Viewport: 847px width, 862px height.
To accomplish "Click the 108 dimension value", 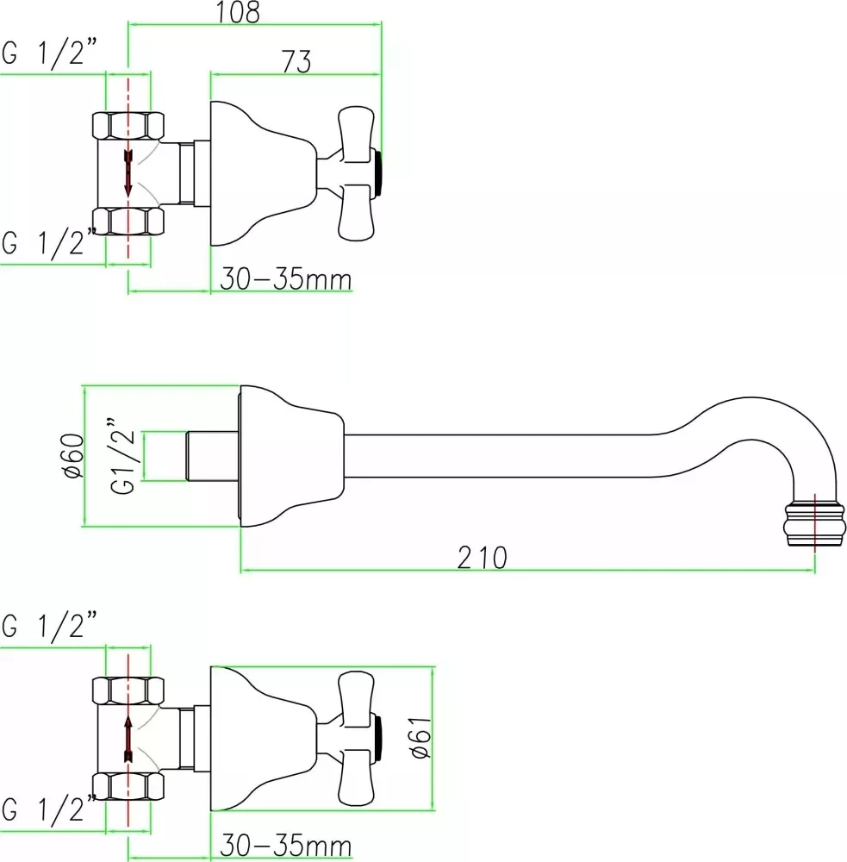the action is point(238,12).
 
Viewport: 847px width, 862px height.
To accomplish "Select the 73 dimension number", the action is point(296,61).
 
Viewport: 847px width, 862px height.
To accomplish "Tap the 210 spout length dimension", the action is point(482,558).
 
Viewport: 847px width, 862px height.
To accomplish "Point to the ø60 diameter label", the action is point(74,456).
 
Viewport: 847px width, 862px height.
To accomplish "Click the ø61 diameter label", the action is point(421,737).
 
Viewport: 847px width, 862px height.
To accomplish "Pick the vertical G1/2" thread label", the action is point(122,456).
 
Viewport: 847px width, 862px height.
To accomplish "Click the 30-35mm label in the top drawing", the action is point(286,278).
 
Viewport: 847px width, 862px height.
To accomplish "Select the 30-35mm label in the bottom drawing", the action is point(286,845).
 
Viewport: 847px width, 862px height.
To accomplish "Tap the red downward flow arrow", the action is point(128,172).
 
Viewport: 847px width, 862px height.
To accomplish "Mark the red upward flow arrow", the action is point(128,739).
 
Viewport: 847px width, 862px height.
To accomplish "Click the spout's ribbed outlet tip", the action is point(814,523).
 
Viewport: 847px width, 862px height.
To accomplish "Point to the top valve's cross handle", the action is point(356,174).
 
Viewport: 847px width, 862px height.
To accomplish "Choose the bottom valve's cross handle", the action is point(356,739).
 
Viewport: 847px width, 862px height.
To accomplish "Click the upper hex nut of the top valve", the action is point(128,125).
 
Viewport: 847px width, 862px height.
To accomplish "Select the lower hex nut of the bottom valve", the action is point(128,786).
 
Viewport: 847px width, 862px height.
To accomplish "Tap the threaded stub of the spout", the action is point(213,456).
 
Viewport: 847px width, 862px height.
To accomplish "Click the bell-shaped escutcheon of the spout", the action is point(291,456).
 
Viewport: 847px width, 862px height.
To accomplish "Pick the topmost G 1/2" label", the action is point(49,53).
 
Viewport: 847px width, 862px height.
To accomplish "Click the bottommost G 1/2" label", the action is point(49,809).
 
